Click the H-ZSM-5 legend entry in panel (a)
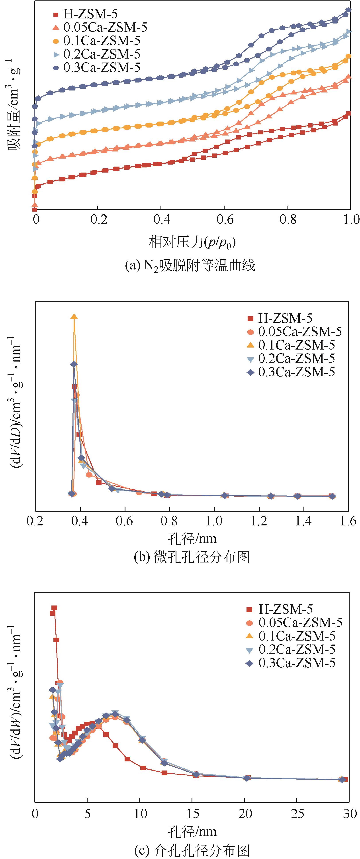pos(90,14)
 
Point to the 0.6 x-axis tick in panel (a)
pos(225,219)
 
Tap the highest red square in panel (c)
pos(54,608)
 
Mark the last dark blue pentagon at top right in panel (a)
pos(348,10)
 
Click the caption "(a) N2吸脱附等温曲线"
pos(190,266)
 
